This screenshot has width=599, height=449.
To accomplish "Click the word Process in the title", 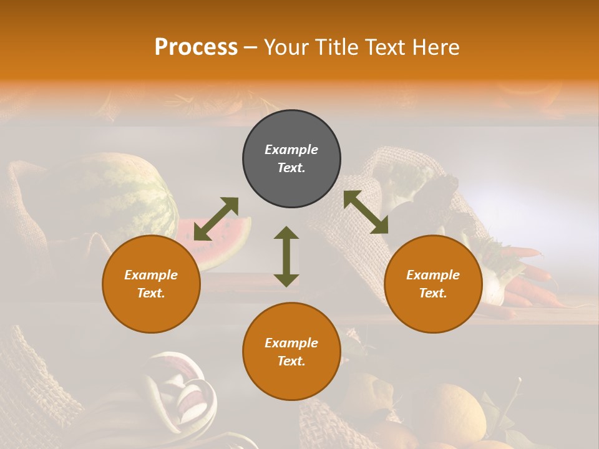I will (196, 47).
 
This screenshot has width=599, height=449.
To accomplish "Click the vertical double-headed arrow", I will (286, 256).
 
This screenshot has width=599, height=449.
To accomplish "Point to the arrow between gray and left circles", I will (216, 218).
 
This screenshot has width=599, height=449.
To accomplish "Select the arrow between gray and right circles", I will (366, 212).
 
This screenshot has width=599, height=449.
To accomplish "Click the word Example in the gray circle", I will (291, 150).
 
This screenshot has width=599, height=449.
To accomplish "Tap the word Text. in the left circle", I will (151, 293).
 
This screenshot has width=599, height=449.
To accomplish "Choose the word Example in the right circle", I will (433, 275).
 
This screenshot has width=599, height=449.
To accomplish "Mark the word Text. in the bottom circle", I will (291, 361).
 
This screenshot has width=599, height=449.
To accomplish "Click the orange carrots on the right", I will (530, 274).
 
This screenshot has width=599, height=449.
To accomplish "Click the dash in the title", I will (250, 47).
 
